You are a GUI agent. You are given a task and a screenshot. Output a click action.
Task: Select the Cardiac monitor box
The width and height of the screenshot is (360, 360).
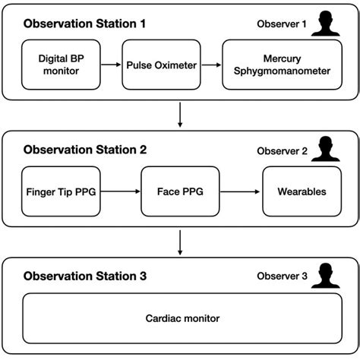[180, 320]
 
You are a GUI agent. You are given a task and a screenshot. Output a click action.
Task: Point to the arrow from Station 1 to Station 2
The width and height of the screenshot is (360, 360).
[180, 115]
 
